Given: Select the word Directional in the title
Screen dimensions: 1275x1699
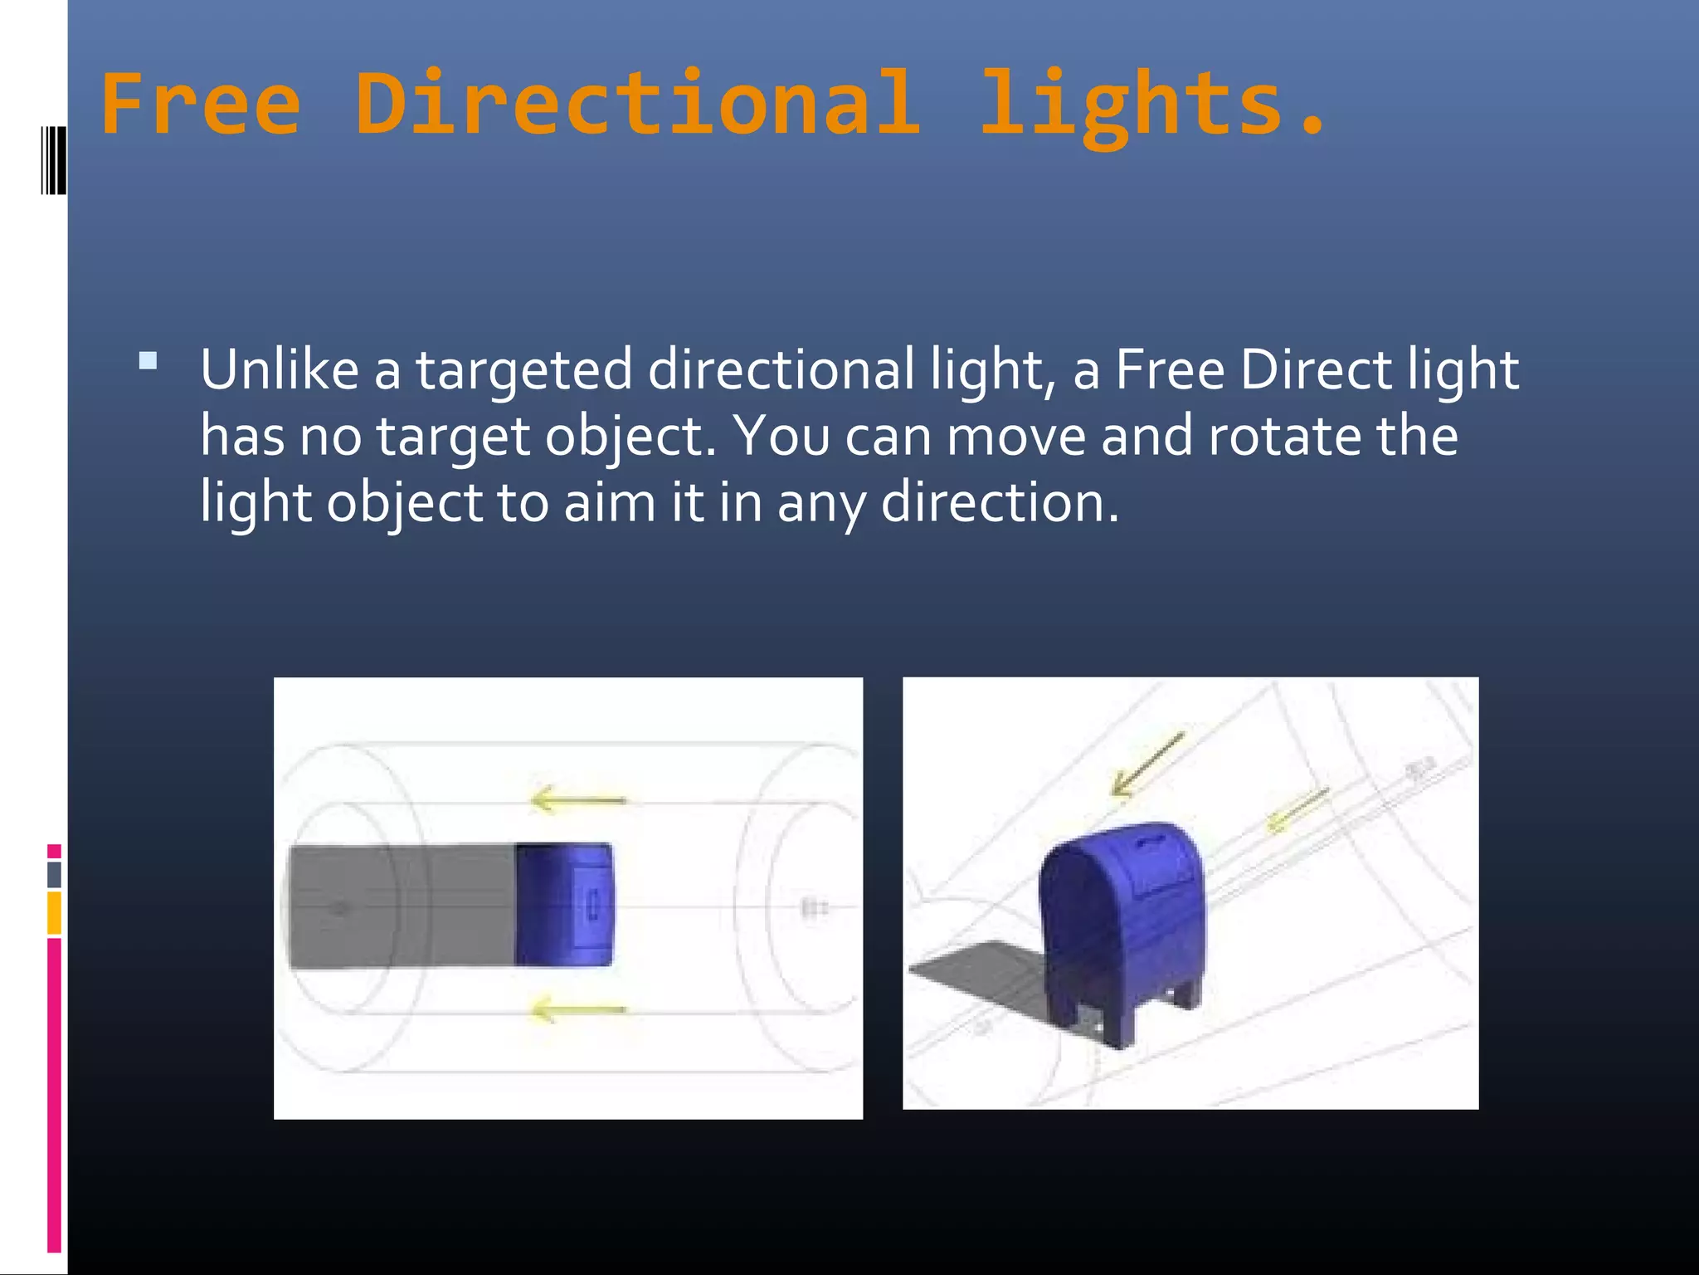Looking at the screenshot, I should tap(637, 105).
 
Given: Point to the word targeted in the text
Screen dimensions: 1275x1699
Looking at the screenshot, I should tap(523, 371).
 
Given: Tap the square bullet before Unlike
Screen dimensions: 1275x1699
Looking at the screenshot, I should tap(148, 360).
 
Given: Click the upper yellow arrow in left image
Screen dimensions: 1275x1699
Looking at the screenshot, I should tap(578, 799).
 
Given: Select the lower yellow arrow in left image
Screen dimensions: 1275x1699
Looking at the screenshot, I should tap(578, 1009).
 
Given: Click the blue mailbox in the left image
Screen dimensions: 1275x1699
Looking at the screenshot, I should tap(564, 905).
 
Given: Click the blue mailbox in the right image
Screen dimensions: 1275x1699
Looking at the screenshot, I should tap(1120, 930).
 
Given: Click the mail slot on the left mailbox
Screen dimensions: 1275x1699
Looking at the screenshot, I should tap(593, 905).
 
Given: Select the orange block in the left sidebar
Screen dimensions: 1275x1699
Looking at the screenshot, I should tap(54, 912).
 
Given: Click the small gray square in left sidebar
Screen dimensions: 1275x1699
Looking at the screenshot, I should tap(54, 874).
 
